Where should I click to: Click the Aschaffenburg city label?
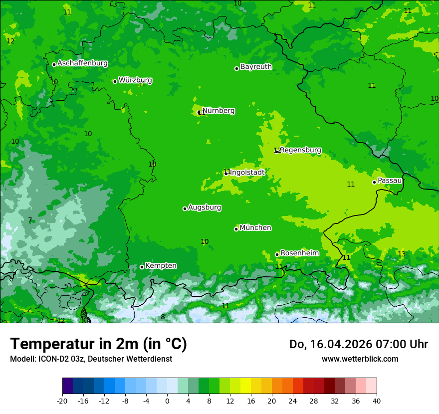(82, 63)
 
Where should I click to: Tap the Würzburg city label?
(135, 80)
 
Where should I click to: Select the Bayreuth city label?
(256, 67)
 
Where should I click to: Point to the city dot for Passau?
(374, 182)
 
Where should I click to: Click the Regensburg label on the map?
(300, 150)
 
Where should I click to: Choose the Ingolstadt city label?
(247, 173)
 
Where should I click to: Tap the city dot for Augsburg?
(185, 208)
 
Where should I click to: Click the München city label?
(255, 228)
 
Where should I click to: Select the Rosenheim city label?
(299, 253)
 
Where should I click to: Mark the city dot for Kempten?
(142, 267)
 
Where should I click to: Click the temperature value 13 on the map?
(402, 254)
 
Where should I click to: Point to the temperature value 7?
(30, 220)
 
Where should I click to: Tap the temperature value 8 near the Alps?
(163, 317)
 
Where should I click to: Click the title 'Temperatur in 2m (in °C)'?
(98, 344)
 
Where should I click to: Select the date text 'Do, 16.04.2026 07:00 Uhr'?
(358, 344)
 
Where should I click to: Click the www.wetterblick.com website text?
(360, 359)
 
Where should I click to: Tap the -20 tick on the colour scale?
(62, 401)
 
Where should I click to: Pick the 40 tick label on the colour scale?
(377, 401)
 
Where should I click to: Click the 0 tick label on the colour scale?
(167, 401)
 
